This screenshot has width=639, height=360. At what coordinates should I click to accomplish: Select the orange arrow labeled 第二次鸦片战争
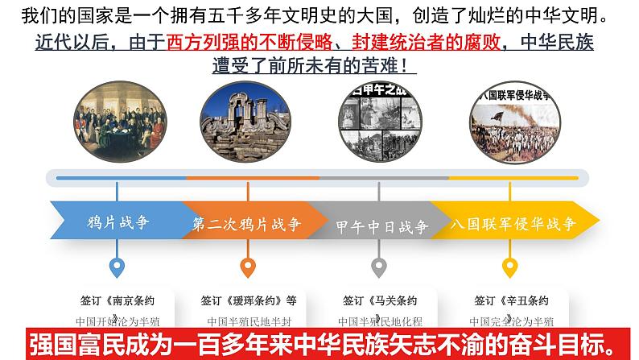pyautogui.click(x=245, y=225)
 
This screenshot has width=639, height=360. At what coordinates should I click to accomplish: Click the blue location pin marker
pyautogui.click(x=117, y=267)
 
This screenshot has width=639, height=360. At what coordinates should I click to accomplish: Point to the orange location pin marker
pyautogui.click(x=247, y=267)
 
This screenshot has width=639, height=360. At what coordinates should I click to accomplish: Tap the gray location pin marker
pyautogui.click(x=378, y=267)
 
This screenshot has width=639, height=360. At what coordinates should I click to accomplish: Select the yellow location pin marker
pyautogui.click(x=509, y=267)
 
